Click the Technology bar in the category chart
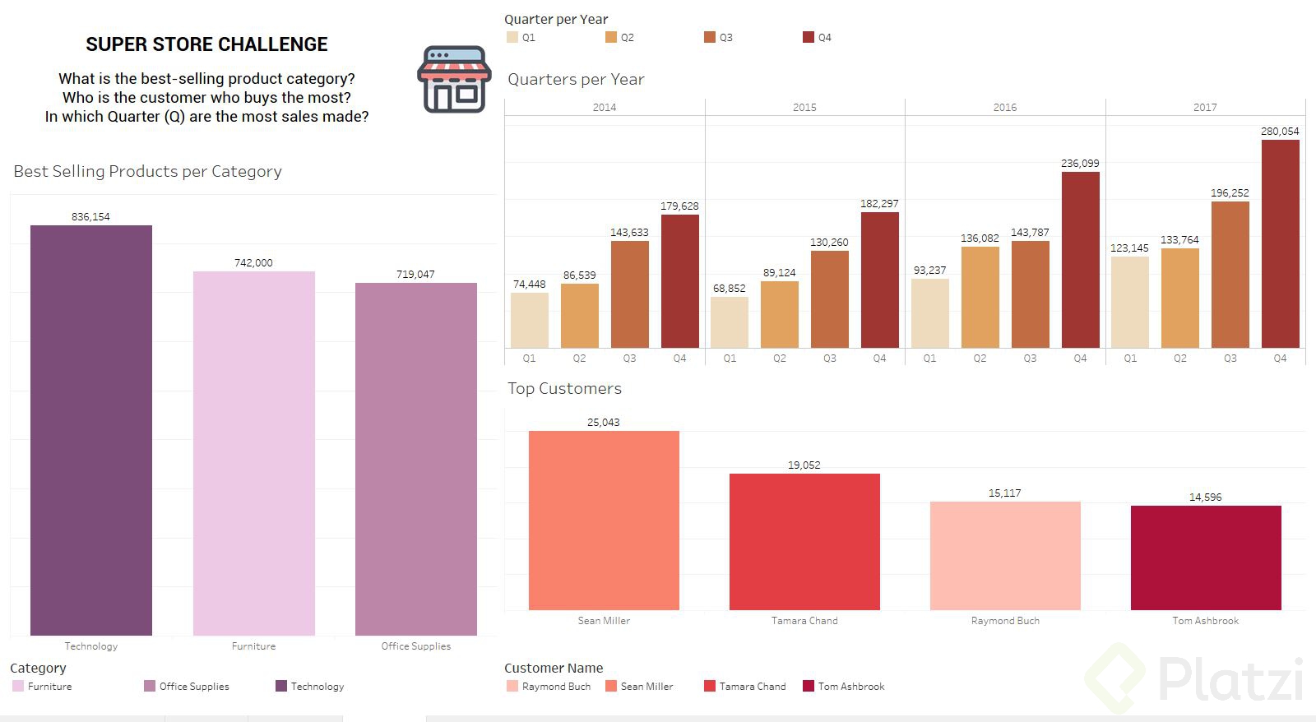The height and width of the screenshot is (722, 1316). (x=91, y=430)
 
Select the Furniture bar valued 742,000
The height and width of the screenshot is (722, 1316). (x=253, y=453)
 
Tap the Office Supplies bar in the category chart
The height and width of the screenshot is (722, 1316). (x=415, y=459)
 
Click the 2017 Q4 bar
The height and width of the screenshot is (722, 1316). (x=1280, y=243)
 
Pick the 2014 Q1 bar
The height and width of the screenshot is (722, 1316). (x=529, y=320)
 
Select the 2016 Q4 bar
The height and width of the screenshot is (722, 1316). (x=1080, y=259)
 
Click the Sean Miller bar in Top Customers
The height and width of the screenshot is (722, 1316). (x=604, y=521)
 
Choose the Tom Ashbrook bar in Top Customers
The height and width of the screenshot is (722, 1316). (x=1205, y=558)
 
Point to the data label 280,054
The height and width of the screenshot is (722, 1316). (x=1280, y=132)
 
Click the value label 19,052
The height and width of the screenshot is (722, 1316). (x=804, y=465)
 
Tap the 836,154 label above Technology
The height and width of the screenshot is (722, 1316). (x=90, y=217)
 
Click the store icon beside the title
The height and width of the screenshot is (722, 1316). (x=454, y=79)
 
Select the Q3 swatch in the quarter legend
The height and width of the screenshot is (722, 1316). (x=710, y=37)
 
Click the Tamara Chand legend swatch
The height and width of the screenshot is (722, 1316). (x=710, y=686)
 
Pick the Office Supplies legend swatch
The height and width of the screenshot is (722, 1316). (x=150, y=686)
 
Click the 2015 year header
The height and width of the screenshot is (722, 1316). (x=804, y=107)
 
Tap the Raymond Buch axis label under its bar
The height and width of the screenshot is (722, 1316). (x=1004, y=621)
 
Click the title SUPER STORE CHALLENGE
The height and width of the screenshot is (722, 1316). (x=206, y=44)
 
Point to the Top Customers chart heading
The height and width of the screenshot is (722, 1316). (x=564, y=389)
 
